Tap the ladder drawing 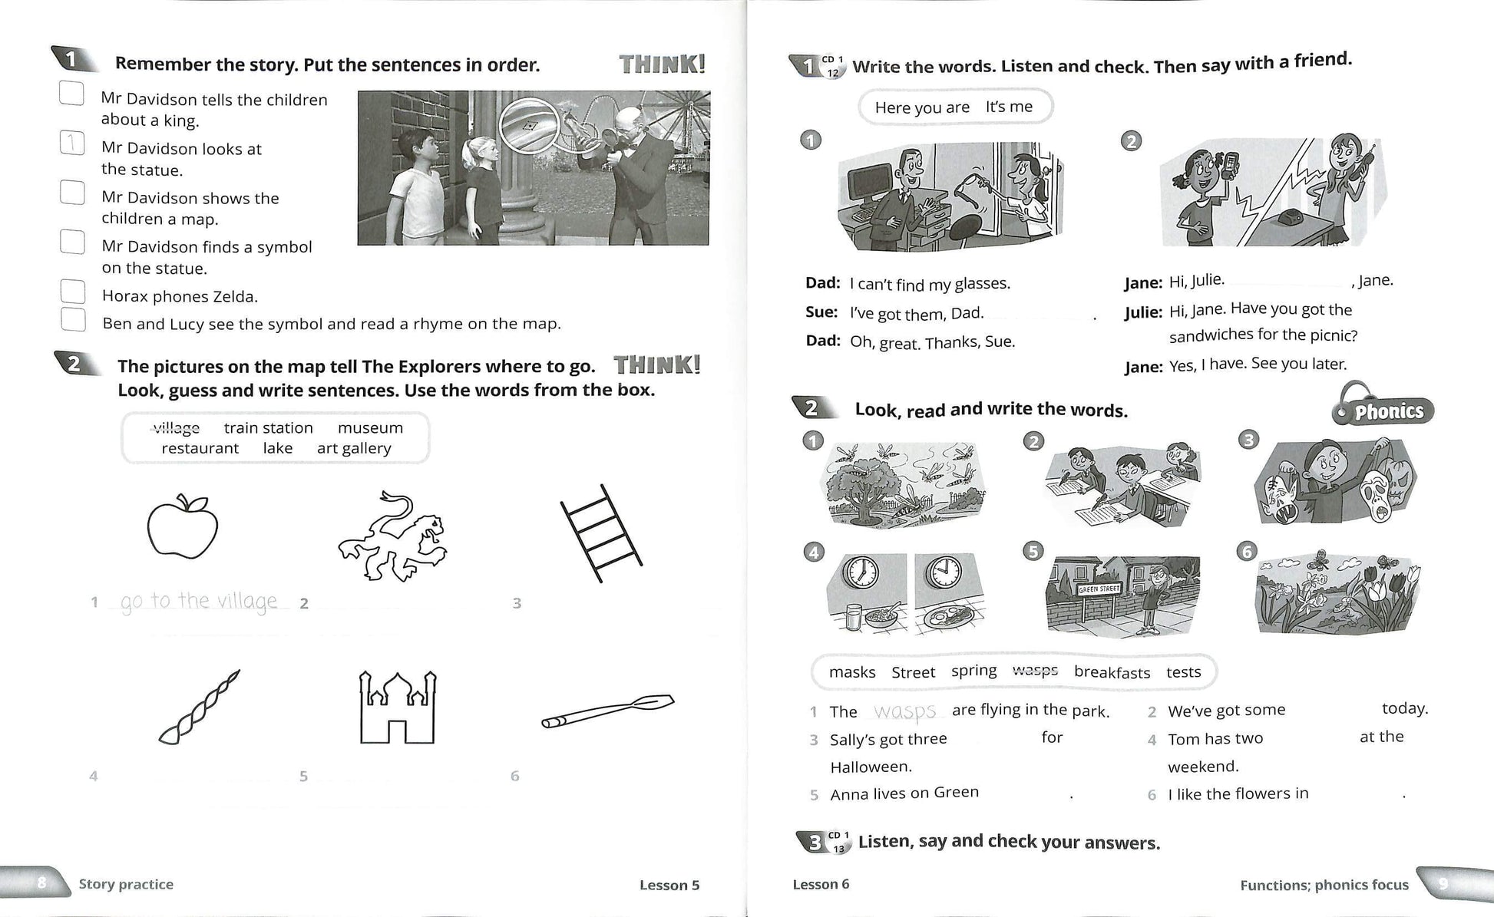tap(600, 533)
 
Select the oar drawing tap(607, 711)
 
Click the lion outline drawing tap(392, 536)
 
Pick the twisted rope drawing tap(199, 708)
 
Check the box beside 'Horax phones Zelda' tap(73, 292)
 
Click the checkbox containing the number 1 tap(72, 143)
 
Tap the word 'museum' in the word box tap(370, 427)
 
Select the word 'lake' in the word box tap(277, 448)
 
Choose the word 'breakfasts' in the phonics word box tap(1112, 672)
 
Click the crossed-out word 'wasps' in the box tap(1035, 671)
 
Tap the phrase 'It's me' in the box tap(1009, 107)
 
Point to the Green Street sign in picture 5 tap(1099, 589)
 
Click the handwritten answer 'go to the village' tap(199, 601)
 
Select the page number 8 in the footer tap(42, 883)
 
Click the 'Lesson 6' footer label tap(821, 884)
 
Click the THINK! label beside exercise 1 tap(662, 64)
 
